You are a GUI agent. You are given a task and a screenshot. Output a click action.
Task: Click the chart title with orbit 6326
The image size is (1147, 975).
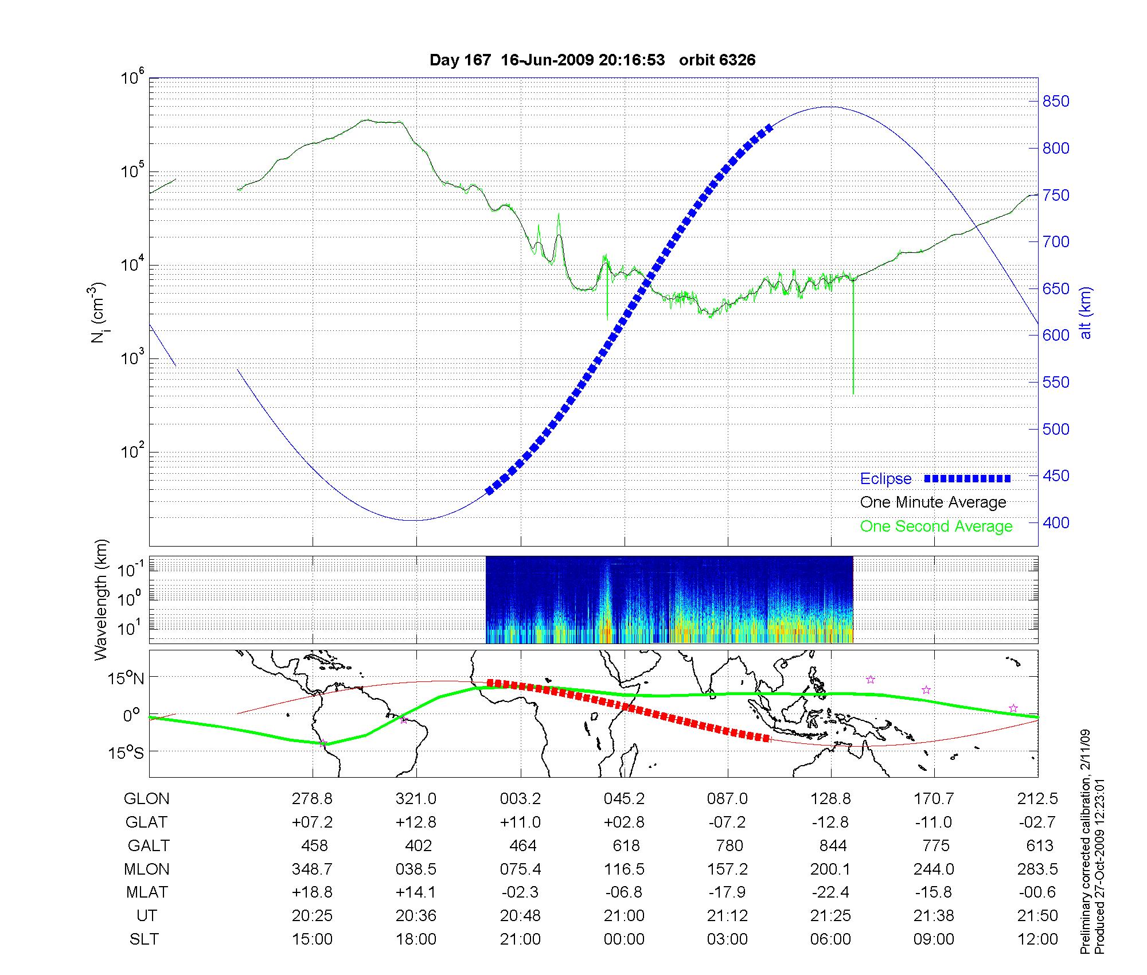tap(592, 60)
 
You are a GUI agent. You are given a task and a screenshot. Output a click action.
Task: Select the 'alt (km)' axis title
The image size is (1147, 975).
tap(1086, 313)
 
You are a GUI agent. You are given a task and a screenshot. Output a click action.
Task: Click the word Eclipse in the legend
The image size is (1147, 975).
tap(885, 479)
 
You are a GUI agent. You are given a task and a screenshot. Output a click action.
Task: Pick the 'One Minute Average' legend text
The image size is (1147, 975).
tap(933, 502)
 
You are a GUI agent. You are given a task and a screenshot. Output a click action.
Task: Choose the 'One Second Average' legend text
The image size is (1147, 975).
tap(936, 526)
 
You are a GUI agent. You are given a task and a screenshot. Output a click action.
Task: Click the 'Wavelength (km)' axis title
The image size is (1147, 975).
tap(101, 600)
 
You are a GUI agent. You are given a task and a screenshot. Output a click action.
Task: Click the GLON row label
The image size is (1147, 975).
tap(147, 798)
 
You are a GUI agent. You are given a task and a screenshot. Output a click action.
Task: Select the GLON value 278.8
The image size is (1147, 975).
tap(312, 798)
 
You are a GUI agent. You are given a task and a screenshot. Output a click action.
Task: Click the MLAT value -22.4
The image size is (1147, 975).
tap(830, 892)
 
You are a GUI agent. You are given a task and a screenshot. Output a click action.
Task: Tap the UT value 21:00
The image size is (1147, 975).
tap(624, 916)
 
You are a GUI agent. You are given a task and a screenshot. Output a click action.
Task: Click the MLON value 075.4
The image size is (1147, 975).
tap(521, 869)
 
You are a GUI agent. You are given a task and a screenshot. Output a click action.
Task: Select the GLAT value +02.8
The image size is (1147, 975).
tap(624, 822)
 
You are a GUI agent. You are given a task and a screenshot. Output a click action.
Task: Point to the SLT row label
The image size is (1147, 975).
tap(144, 939)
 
